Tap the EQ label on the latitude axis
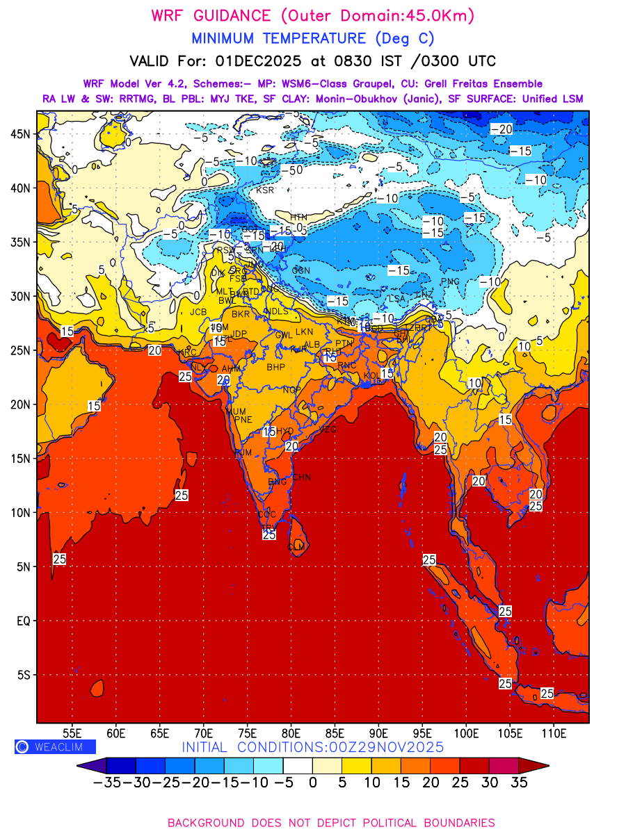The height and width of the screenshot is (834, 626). [23, 621]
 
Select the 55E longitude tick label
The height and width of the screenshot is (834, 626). [72, 733]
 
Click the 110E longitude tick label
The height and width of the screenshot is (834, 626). [554, 733]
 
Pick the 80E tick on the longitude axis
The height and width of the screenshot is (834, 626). [291, 733]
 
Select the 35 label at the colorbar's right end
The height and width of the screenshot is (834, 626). [519, 783]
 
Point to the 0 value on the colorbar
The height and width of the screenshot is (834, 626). [313, 783]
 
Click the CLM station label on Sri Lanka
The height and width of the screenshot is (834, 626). [296, 547]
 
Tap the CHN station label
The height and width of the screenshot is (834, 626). [301, 477]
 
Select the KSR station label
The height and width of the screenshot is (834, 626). [265, 190]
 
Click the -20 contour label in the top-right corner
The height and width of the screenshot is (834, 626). [501, 129]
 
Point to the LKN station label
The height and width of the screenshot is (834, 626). [304, 332]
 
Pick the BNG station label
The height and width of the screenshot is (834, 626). [277, 482]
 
